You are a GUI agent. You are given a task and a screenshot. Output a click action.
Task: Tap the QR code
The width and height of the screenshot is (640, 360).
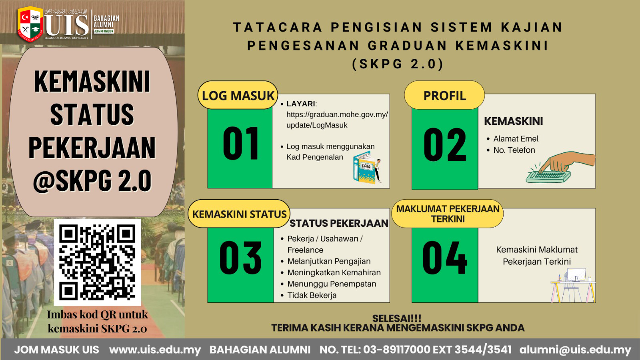coord(97,262)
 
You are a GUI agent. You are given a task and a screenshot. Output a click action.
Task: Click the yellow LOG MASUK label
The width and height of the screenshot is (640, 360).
coord(238,95)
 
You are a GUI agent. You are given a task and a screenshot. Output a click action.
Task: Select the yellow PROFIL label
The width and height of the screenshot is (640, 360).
coord(444,95)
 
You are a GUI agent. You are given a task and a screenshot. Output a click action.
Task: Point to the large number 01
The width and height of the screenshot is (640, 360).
coord(240,144)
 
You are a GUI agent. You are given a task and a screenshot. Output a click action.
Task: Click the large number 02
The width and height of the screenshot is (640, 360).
coord(445,144)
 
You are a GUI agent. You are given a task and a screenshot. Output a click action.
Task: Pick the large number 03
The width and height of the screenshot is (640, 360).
coord(240,258)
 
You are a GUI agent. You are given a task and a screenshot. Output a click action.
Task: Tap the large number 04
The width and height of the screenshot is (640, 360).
coord(445,258)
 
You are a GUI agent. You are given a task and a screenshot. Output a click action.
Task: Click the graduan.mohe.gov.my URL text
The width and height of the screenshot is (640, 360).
coord(337,120)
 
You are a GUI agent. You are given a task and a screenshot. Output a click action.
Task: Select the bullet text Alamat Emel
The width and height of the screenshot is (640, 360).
coord(516,139)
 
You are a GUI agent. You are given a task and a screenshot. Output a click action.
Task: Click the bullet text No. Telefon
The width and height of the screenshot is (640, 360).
coord(514,150)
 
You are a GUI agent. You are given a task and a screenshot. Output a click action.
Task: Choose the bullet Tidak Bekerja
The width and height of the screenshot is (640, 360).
coord(312,295)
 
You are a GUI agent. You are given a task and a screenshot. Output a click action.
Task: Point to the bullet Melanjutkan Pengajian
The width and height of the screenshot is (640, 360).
coord(329,261)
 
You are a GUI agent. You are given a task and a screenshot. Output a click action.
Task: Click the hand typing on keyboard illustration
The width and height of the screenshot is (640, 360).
coord(560,168)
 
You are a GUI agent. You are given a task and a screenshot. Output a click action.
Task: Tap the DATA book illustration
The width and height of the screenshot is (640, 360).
coord(367,168)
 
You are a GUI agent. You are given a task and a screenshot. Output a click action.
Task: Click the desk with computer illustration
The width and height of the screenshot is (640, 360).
coord(573,286)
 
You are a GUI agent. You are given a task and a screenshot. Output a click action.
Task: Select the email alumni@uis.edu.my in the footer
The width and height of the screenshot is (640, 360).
coord(575,350)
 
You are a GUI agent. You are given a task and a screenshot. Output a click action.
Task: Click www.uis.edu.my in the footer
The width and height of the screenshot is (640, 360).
coord(155,350)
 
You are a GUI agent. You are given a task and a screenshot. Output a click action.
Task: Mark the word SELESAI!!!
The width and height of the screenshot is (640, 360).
coord(396,318)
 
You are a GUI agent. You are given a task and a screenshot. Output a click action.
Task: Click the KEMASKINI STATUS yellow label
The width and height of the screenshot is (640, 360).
coord(239,214)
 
